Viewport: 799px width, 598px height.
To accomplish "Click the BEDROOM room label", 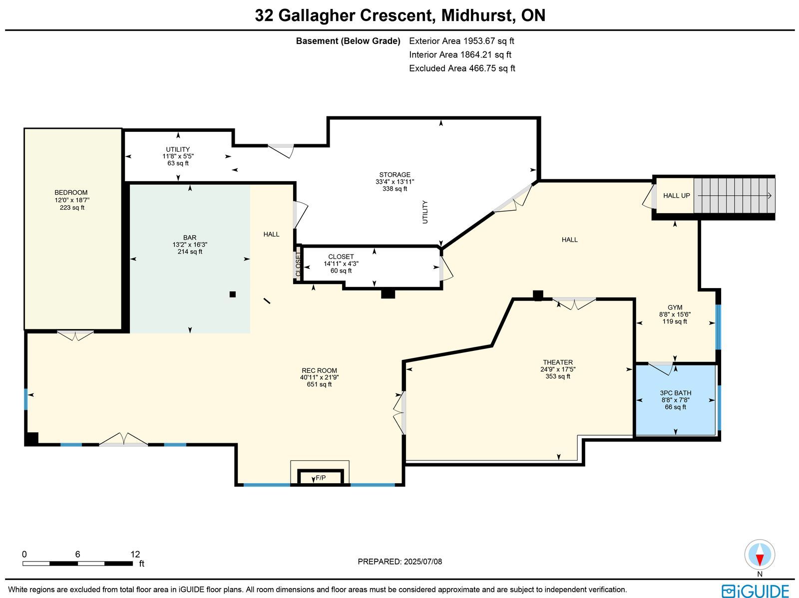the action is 71,192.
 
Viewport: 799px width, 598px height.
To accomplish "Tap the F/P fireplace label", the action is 321,478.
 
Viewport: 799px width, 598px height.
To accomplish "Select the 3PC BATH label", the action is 676,393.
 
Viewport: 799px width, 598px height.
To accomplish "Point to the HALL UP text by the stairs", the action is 676,196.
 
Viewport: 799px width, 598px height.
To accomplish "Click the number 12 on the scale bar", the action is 135,555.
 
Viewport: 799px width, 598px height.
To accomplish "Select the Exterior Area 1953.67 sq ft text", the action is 461,41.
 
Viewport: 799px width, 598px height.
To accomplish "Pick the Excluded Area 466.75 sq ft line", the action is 462,68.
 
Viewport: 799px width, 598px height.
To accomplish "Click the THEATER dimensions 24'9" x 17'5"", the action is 558,369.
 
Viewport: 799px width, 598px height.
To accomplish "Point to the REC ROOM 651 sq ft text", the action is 319,384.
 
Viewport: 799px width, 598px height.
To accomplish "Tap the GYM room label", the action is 675,307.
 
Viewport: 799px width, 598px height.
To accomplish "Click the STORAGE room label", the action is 395,175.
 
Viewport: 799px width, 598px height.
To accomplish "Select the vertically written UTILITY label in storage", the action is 425,212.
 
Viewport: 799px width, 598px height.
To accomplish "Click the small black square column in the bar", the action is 233,295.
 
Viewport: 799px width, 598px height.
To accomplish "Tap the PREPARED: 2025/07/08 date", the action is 399,562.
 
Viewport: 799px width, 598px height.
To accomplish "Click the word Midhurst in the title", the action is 478,15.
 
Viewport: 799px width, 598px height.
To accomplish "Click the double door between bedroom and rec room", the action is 75,335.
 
